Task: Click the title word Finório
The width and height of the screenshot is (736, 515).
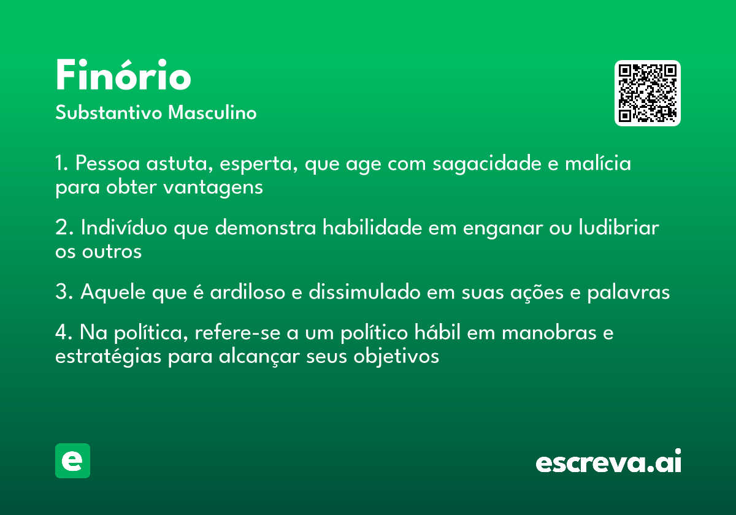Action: tap(123, 75)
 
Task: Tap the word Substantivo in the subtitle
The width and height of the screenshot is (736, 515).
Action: tap(109, 112)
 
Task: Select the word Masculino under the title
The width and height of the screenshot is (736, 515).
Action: tap(212, 112)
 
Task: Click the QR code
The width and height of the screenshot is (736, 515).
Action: tap(647, 93)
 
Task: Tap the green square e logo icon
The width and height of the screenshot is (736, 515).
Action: tap(72, 460)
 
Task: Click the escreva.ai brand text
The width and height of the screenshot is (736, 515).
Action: tap(608, 461)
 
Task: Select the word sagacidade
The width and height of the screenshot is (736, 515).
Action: tap(486, 164)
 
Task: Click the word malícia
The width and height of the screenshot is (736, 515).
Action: tap(598, 163)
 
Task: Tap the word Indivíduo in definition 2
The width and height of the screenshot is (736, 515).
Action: tap(124, 227)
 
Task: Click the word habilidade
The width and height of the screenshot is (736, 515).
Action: tap(372, 227)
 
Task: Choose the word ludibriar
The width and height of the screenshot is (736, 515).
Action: tap(619, 227)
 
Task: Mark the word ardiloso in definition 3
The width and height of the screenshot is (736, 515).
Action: tap(247, 292)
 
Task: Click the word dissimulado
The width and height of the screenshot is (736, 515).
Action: tap(364, 292)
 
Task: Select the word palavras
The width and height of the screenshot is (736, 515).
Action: tap(628, 292)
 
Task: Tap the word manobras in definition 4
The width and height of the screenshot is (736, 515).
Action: tap(549, 332)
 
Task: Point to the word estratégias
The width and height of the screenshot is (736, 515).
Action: tap(108, 357)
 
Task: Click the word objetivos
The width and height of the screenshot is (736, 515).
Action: tap(396, 357)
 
